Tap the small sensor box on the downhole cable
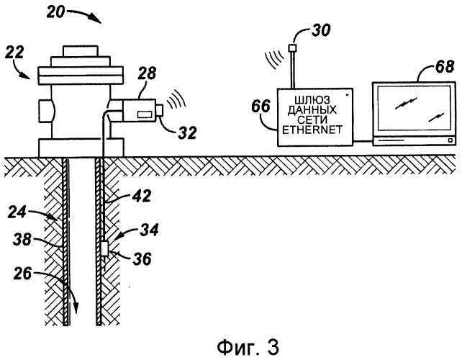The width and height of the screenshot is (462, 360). coord(105,250)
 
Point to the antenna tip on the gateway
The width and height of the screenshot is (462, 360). coord(294,48)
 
